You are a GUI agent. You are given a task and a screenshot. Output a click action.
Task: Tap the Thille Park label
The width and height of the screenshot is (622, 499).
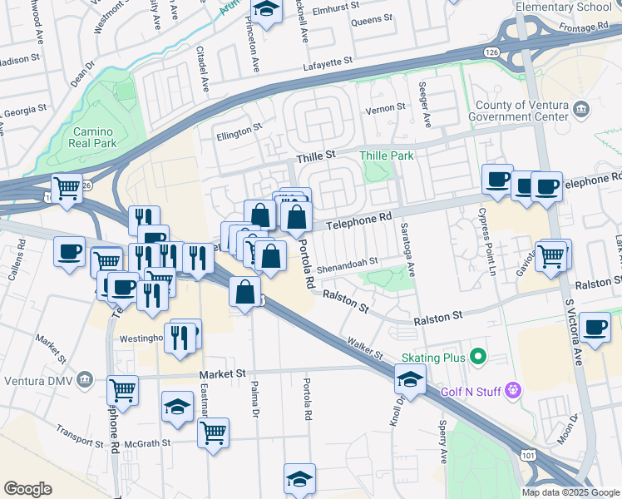(386, 156)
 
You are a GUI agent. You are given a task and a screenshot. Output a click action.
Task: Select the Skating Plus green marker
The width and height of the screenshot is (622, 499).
(477, 357)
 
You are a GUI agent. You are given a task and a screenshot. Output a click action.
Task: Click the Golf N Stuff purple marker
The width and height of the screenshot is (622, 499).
(513, 388)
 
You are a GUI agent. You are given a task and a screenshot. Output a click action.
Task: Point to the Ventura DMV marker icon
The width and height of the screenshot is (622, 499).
(85, 380)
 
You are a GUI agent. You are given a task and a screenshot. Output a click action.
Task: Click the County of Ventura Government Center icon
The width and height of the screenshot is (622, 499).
(581, 108)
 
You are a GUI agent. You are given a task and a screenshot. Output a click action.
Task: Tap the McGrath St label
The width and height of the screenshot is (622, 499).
(149, 443)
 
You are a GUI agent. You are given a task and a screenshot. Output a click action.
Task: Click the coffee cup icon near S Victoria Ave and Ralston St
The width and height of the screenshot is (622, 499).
(595, 327)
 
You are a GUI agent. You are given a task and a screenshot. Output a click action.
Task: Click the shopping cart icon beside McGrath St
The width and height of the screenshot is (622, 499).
(214, 432)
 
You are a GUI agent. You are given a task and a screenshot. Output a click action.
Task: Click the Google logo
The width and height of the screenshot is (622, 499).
(27, 489)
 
